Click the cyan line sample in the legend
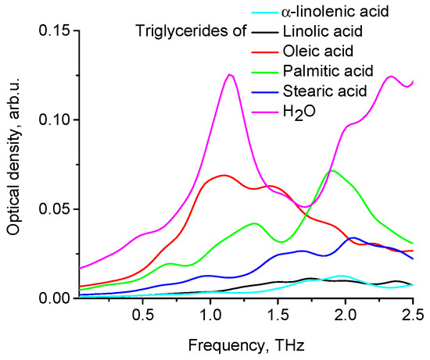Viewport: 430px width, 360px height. point(264,13)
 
